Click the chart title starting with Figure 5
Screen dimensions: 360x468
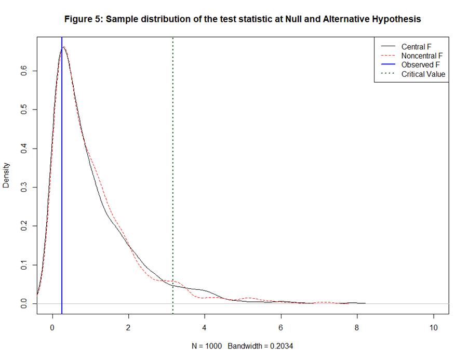pos(242,19)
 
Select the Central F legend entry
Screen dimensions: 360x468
pos(416,47)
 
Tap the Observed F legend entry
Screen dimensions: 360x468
pos(420,65)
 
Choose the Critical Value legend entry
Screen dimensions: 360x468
pos(423,74)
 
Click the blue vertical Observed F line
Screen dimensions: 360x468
pos(62,182)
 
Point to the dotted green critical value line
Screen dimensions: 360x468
pos(172,156)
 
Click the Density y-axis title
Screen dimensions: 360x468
pos(6,175)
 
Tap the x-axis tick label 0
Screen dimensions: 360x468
pos(52,328)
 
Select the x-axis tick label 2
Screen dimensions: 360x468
pos(128,328)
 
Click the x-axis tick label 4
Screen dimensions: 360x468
pos(205,328)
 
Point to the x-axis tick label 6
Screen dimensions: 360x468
pos(281,328)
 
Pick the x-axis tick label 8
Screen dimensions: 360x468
pos(357,328)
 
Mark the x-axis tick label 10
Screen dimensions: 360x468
pos(434,328)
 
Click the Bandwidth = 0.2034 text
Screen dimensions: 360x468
pos(264,346)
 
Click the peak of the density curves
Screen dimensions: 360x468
pos(64,47)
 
